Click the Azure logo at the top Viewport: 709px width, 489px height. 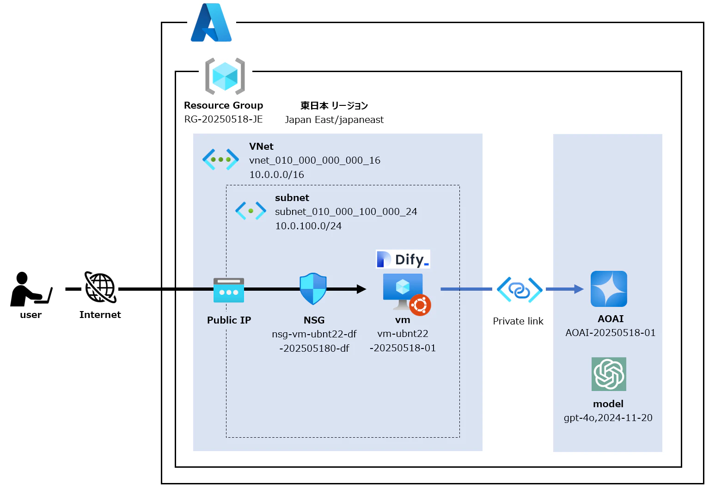(x=211, y=23)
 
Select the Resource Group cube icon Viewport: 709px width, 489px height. (x=225, y=76)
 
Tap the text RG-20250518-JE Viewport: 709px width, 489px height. (x=223, y=119)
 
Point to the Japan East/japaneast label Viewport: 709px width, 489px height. (x=334, y=120)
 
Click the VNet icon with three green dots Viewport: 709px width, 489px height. (x=220, y=159)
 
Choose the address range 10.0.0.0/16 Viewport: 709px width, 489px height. (x=276, y=175)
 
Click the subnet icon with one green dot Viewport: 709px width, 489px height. (x=251, y=211)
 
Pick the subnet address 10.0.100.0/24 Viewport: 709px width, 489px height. (x=308, y=226)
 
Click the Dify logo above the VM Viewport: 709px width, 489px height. (x=403, y=259)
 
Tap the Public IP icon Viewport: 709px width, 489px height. (x=229, y=290)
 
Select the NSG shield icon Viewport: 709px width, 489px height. (x=313, y=289)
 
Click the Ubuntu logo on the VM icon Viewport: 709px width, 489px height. (x=420, y=305)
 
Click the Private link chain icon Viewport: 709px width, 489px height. (x=520, y=290)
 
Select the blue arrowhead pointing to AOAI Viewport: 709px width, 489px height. (x=578, y=289)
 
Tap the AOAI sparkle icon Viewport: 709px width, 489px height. (x=609, y=289)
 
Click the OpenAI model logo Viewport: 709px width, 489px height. (x=609, y=374)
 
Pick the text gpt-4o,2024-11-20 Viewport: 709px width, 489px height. (x=608, y=418)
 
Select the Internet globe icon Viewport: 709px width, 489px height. (x=100, y=287)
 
